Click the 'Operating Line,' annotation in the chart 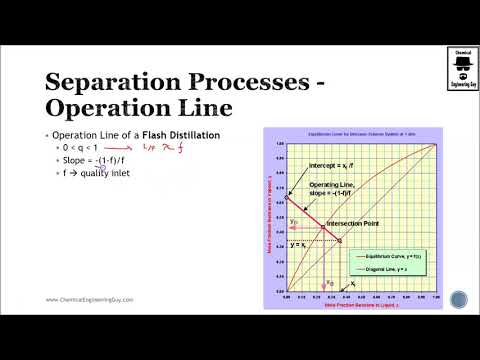point(331,185)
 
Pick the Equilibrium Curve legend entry point(398,257)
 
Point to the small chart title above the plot point(357,131)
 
